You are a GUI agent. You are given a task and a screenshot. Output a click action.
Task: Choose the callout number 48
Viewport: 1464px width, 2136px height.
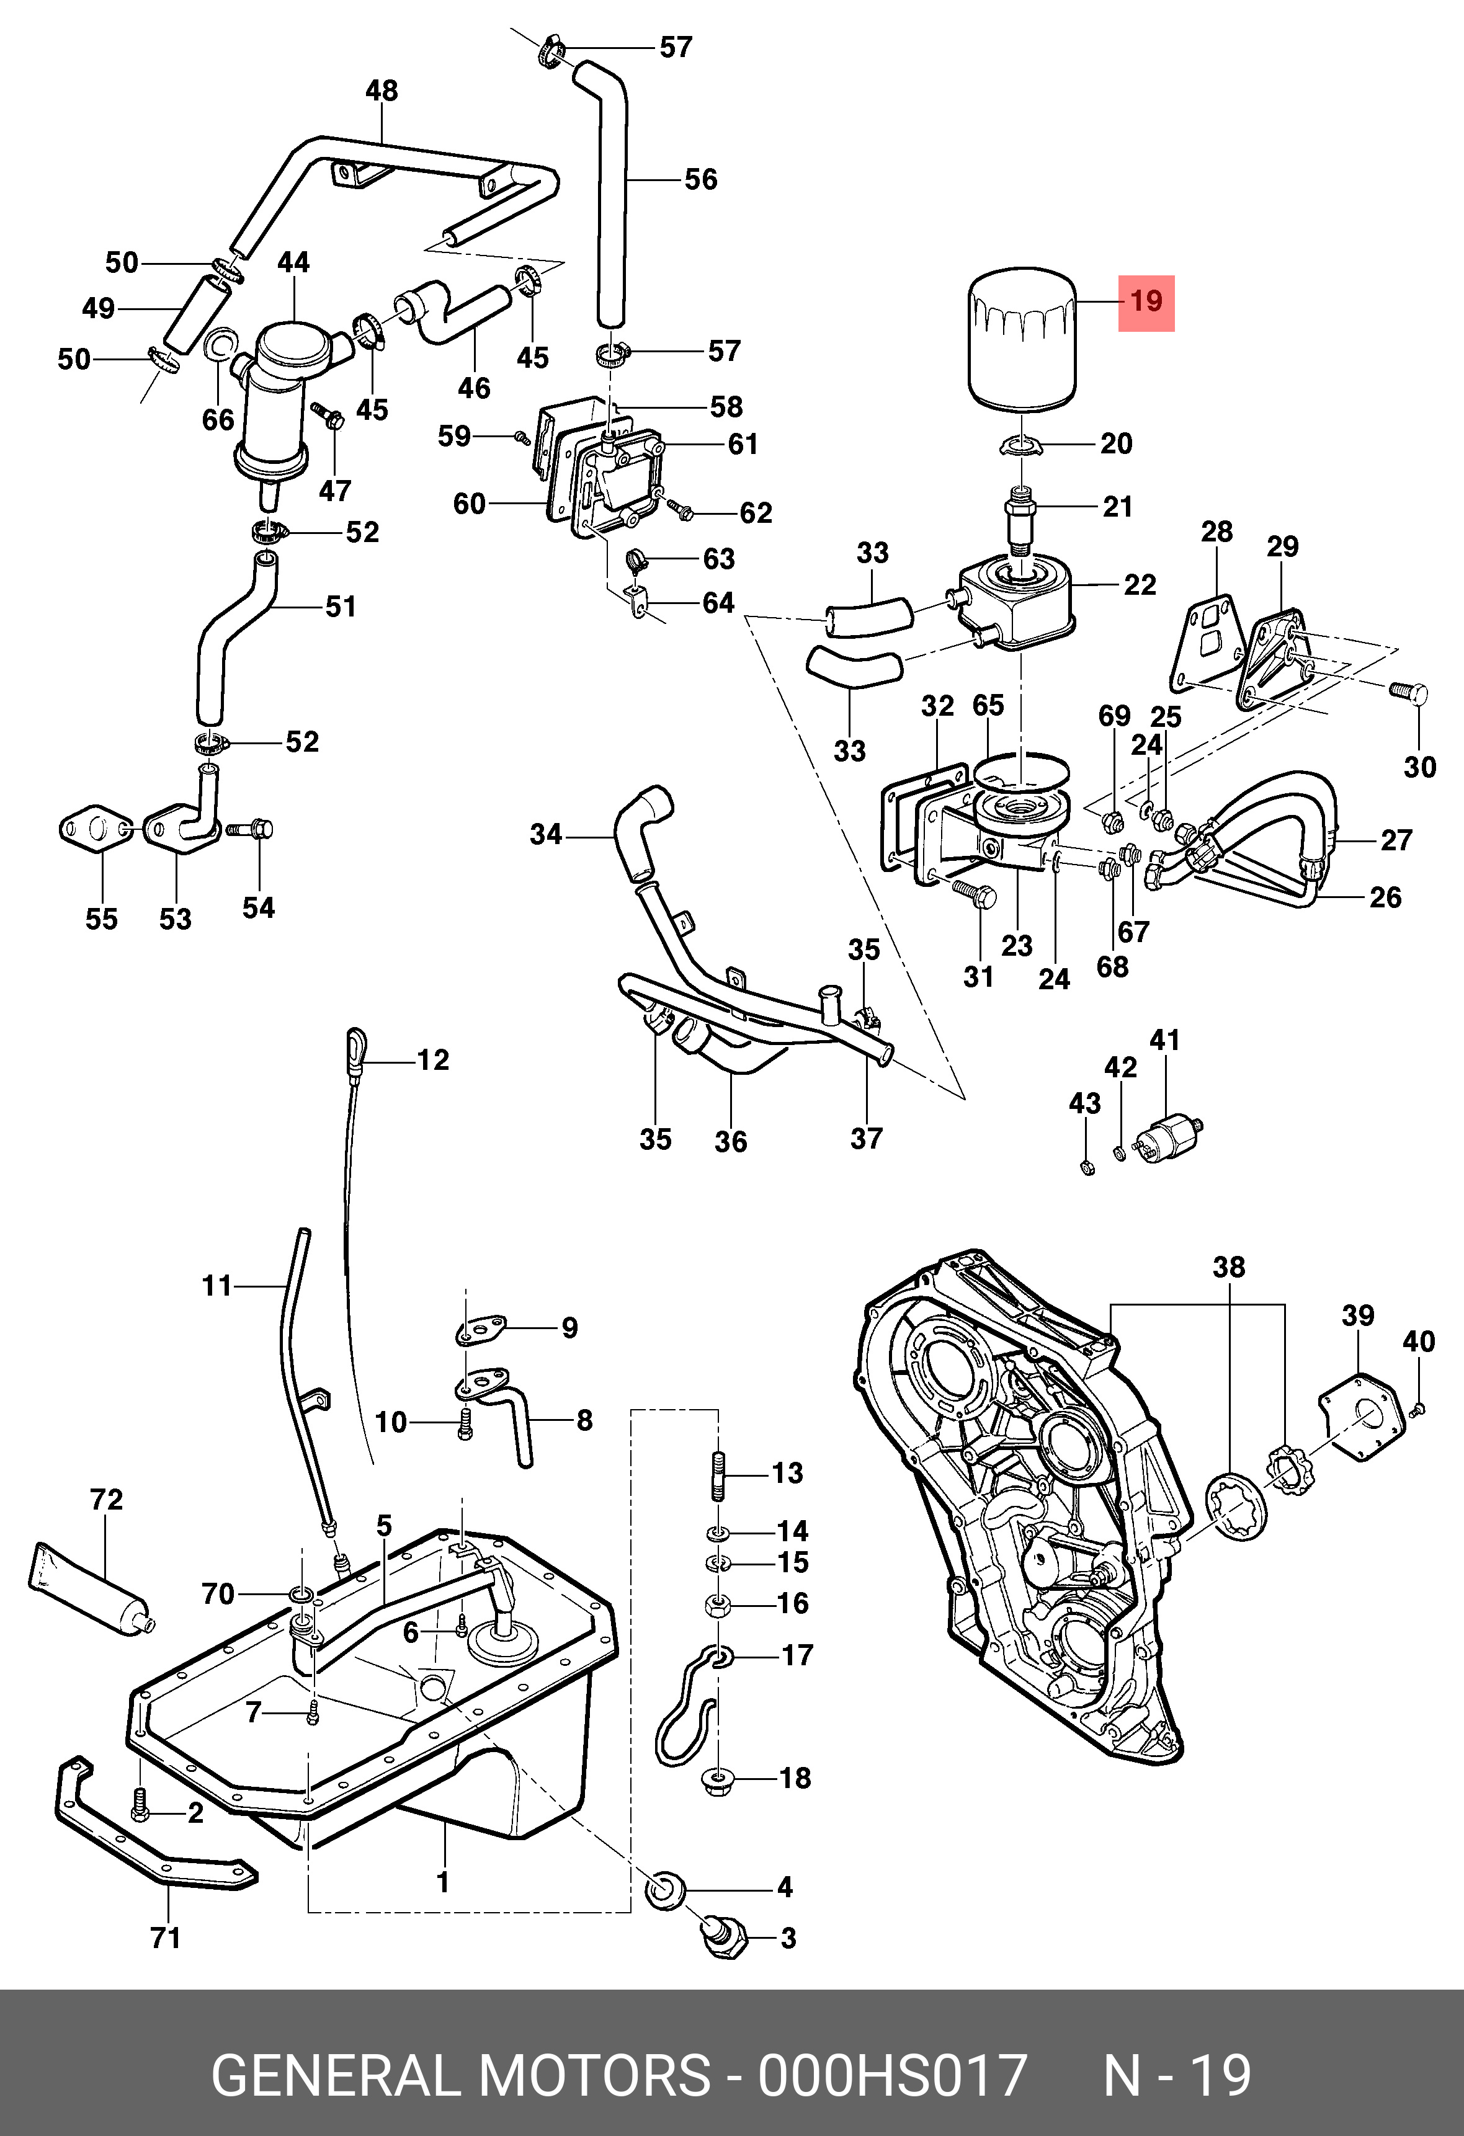382,91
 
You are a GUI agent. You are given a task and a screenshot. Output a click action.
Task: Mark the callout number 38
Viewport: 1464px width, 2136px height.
1229,1268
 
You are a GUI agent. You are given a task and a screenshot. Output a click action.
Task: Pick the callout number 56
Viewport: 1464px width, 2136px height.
700,179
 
